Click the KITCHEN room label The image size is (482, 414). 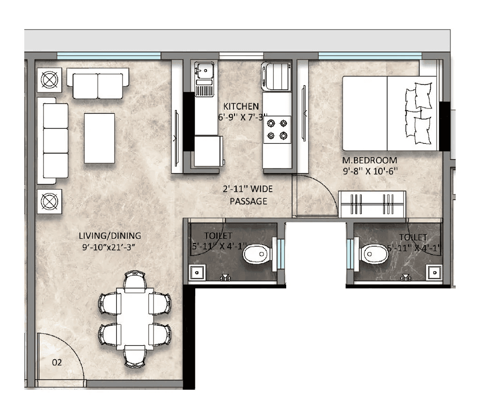pos(241,106)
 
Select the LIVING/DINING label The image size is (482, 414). pos(110,236)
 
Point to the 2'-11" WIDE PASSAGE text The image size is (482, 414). pos(248,196)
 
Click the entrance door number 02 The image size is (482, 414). pos(57,362)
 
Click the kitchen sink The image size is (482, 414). pos(203,69)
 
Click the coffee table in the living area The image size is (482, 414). pos(100,138)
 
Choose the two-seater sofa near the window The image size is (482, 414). pos(98,85)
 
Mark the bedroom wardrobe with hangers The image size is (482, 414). pos(372,204)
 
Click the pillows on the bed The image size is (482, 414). pos(419,113)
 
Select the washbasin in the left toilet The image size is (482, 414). pos(196,272)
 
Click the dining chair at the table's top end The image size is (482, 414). pos(135,282)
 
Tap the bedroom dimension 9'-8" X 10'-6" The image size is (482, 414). pos(369,170)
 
